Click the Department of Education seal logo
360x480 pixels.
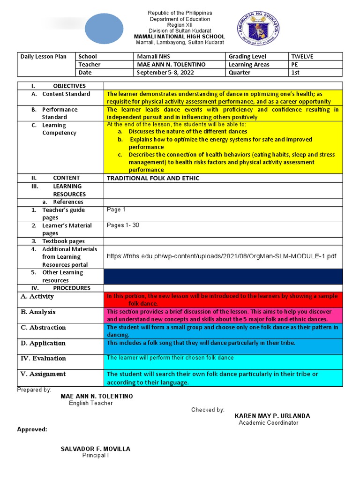pyautogui.click(x=258, y=29)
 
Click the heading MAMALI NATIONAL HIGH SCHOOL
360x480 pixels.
pyautogui.click(x=180, y=37)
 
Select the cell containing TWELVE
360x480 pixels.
pyautogui.click(x=302, y=57)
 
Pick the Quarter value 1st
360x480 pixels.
pyautogui.click(x=295, y=73)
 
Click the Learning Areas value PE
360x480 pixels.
pyautogui.click(x=295, y=65)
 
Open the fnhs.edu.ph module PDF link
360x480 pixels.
pyautogui.click(x=222, y=256)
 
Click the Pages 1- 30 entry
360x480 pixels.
pyautogui.click(x=123, y=225)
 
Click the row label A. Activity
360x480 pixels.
pyautogui.click(x=37, y=297)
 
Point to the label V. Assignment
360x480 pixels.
pyautogui.click(x=43, y=374)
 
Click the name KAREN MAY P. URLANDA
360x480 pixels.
pyautogui.click(x=272, y=416)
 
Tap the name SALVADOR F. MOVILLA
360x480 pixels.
pyautogui.click(x=96, y=449)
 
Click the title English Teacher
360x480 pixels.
pyautogui.click(x=91, y=403)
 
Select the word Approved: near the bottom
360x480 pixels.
pyautogui.click(x=32, y=429)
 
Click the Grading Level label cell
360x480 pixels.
pyautogui.click(x=247, y=57)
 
